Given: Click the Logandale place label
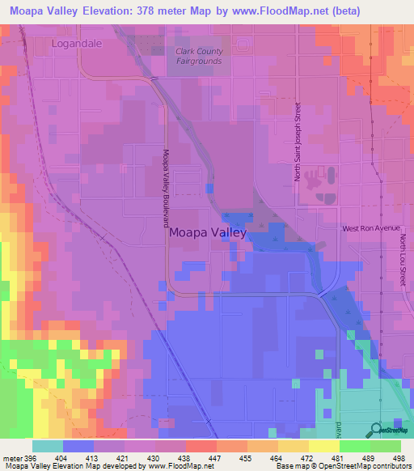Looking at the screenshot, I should [x=77, y=44].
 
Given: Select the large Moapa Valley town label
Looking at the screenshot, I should [x=208, y=231].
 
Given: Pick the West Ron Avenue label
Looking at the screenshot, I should [x=371, y=229].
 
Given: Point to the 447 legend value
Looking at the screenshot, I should [x=213, y=457].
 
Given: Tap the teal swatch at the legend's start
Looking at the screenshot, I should [x=48, y=445].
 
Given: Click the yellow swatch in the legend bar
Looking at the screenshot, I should [x=323, y=445].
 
